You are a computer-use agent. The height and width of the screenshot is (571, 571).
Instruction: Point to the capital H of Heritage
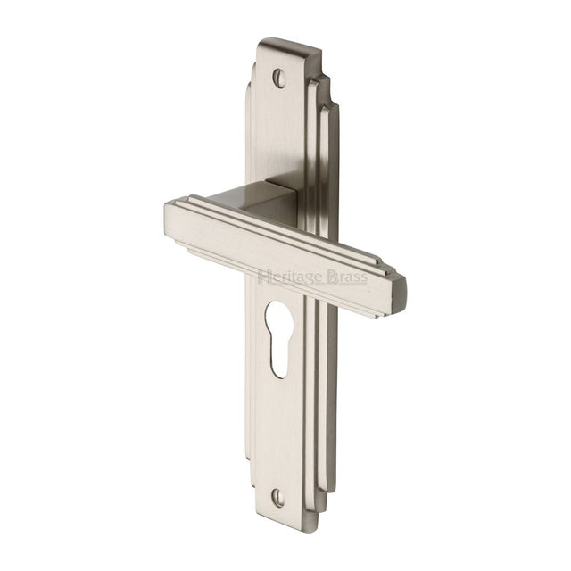click(262, 277)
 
